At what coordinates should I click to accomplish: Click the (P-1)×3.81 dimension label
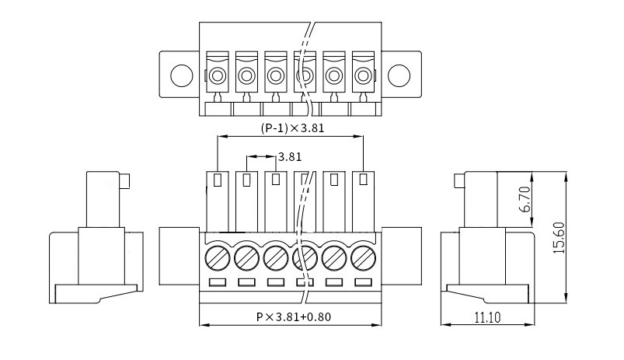292,128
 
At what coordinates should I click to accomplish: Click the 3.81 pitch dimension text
290,157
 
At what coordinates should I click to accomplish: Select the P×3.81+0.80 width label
293,317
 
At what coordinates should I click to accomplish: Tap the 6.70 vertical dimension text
525,200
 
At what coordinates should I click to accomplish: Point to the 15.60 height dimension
560,238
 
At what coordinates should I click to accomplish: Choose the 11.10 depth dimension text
487,317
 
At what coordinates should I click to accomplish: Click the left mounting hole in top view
182,75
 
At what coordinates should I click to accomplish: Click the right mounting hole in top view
399,75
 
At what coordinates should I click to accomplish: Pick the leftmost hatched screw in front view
218,258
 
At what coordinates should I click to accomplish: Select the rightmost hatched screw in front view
364,258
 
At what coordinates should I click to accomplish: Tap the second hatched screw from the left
247,258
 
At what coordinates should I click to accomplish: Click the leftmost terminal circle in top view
218,75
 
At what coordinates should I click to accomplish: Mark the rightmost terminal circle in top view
363,75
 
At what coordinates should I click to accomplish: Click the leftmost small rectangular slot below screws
218,282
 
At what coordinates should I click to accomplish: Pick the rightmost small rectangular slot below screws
363,282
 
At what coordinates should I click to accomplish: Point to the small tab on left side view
124,181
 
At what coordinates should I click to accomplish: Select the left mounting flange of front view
179,256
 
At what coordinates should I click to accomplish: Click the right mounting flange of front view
402,256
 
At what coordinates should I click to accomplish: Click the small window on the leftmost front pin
218,180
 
